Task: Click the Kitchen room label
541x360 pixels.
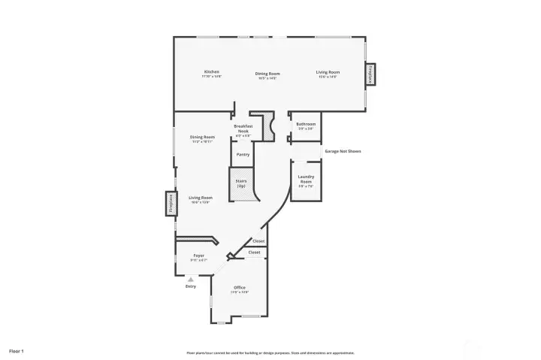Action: pos(212,74)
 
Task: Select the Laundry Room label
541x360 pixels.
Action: pos(306,178)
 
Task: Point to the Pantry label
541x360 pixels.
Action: pos(243,154)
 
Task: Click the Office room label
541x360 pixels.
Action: pos(240,289)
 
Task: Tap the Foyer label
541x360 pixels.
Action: pos(199,257)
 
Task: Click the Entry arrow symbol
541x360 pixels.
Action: pos(191,279)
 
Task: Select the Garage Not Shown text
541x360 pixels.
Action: pos(343,151)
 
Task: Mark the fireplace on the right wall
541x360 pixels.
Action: pos(370,75)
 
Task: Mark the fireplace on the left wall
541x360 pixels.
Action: pos(171,204)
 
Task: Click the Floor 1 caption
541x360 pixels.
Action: pos(17,351)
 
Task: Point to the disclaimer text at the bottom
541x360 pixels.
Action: pos(270,352)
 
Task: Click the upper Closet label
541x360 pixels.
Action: pos(258,241)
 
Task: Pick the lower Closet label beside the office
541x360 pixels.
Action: pos(255,253)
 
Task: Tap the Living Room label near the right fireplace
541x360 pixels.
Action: pos(328,74)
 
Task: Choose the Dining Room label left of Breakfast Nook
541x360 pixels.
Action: pos(203,138)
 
